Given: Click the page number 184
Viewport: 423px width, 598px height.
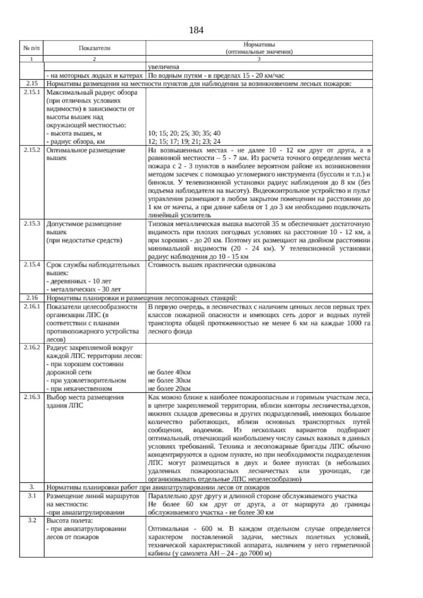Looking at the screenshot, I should pos(196,31).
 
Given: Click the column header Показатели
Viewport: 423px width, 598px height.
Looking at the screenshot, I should pos(94,48).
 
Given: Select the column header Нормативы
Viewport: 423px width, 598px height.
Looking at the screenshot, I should pos(259,45).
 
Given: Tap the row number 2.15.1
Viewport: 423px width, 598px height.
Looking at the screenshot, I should pos(32,92).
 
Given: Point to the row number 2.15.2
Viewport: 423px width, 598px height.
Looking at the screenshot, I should pos(32,150).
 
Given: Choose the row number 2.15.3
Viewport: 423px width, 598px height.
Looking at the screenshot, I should pos(32,224).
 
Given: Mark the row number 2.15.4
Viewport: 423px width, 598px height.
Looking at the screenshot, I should pos(32,264).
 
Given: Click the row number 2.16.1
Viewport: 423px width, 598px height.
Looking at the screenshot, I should pos(32,306).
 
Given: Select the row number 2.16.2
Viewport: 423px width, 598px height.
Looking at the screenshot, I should pos(32,347).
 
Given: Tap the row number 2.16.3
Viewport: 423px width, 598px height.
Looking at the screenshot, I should pos(32,397).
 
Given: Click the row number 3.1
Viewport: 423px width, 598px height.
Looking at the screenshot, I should pos(32,496).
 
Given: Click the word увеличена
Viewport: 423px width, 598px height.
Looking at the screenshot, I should pos(164,67).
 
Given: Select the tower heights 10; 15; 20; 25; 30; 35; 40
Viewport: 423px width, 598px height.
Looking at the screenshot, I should pos(184,133).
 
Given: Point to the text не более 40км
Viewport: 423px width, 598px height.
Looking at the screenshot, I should pos(169,372).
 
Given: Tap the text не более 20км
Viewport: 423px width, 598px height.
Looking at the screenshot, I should pos(169,389).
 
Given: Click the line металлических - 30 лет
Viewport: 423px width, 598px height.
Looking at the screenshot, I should pos(84,289).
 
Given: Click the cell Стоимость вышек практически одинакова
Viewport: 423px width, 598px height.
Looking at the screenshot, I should pos(212,265).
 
